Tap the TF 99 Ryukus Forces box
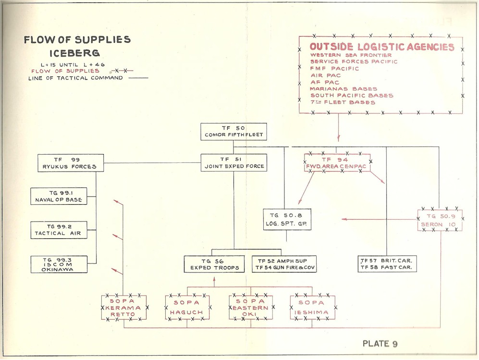(71, 163)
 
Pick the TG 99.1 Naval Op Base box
(59, 196)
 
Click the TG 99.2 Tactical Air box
(59, 230)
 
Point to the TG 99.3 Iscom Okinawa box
(59, 265)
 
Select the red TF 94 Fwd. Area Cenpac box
(338, 163)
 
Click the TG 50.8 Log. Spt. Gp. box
(287, 220)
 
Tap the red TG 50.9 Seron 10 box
(440, 220)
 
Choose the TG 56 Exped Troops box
(212, 264)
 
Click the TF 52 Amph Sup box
(284, 264)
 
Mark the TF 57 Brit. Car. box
(387, 264)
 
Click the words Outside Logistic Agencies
(382, 47)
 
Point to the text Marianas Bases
(344, 89)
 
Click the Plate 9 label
(380, 343)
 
